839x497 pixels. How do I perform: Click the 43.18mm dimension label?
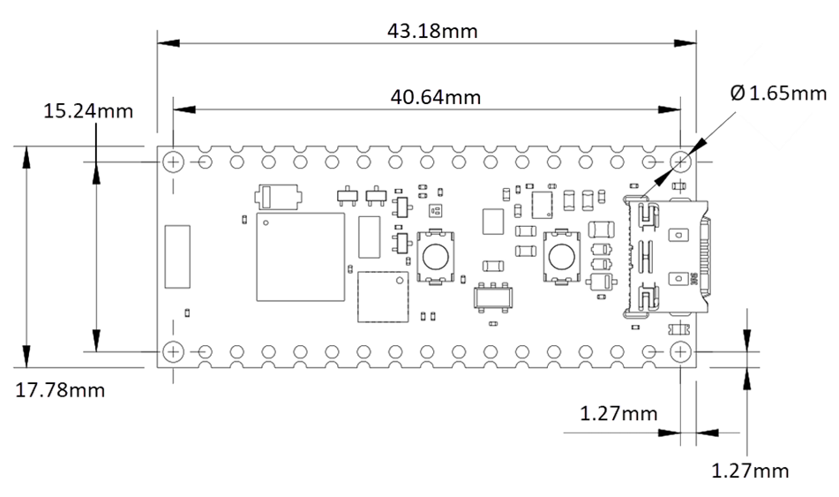click(x=432, y=31)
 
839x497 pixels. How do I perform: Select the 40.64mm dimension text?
click(x=436, y=97)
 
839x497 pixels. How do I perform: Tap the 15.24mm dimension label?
click(x=88, y=111)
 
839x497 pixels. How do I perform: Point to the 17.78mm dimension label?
click(x=60, y=390)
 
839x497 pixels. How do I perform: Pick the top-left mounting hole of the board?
click(x=174, y=162)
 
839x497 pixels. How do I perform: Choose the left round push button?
click(x=434, y=257)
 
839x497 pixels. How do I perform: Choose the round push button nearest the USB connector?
click(x=559, y=257)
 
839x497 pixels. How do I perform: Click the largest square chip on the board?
click(x=300, y=257)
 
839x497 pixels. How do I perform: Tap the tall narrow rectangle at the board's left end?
click(x=177, y=257)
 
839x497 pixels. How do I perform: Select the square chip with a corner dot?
click(x=384, y=298)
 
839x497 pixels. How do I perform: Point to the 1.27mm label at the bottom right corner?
click(x=750, y=471)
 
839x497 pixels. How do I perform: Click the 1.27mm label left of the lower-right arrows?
click(x=618, y=412)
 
